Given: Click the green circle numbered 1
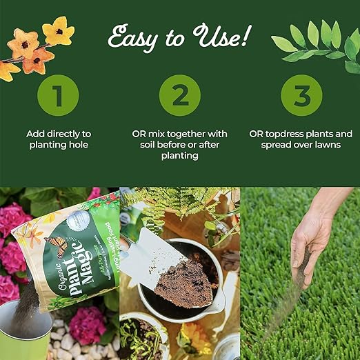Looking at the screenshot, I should [58, 95].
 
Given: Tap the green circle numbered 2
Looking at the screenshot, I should [180, 95].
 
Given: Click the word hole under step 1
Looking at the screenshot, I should [78, 145].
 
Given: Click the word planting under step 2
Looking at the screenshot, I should [180, 156].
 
